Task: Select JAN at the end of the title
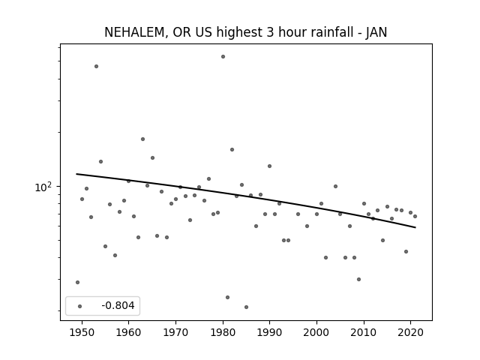(376, 32)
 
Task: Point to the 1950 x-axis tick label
(82, 332)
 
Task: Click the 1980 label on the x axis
(223, 332)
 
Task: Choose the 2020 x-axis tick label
(410, 332)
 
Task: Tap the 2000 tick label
(316, 332)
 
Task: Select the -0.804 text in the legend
(118, 305)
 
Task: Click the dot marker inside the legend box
(80, 306)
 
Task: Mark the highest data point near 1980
(223, 57)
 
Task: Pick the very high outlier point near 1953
(97, 67)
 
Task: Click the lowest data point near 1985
(247, 307)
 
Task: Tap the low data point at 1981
(227, 297)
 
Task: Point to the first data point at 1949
(77, 282)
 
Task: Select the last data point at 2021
(415, 216)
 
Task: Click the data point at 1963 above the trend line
(142, 139)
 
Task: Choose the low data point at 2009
(358, 279)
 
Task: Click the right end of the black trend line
(415, 227)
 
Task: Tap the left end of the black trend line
(76, 174)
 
